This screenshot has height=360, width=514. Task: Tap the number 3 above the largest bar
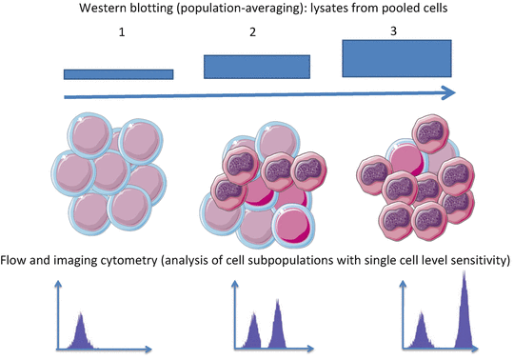(394, 31)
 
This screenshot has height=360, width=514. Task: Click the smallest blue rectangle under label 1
(119, 73)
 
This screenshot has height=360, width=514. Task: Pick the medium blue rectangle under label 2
(257, 66)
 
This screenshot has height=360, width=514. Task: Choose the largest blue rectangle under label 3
(398, 59)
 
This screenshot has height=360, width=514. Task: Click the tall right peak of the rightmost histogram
(465, 310)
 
